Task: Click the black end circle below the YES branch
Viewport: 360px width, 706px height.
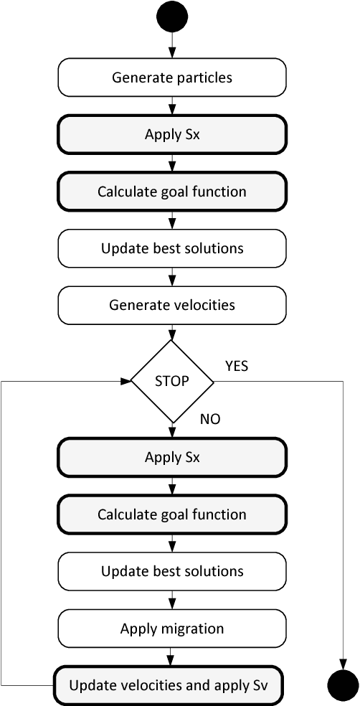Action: pyautogui.click(x=343, y=686)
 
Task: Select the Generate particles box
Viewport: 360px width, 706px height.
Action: pyautogui.click(x=172, y=77)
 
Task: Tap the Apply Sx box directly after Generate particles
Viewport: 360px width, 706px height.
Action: pyautogui.click(x=172, y=134)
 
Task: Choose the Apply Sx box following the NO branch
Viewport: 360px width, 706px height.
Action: pyautogui.click(x=172, y=458)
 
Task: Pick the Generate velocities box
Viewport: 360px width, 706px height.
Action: pyautogui.click(x=172, y=305)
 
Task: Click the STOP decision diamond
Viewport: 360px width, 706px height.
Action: pyautogui.click(x=172, y=381)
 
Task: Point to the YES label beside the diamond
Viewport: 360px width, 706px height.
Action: pyautogui.click(x=237, y=366)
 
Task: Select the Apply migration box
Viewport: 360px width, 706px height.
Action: pyautogui.click(x=172, y=629)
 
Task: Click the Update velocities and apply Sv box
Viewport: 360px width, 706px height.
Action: pyautogui.click(x=169, y=685)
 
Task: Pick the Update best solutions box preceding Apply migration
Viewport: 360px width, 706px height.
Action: pyautogui.click(x=172, y=571)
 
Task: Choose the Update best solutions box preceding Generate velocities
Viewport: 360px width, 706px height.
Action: pyautogui.click(x=172, y=248)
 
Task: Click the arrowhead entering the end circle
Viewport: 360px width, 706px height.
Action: pyautogui.click(x=343, y=665)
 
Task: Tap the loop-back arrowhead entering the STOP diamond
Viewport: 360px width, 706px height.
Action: pyautogui.click(x=126, y=381)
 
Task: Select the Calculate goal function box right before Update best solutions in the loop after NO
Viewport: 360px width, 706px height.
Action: pyautogui.click(x=172, y=514)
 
